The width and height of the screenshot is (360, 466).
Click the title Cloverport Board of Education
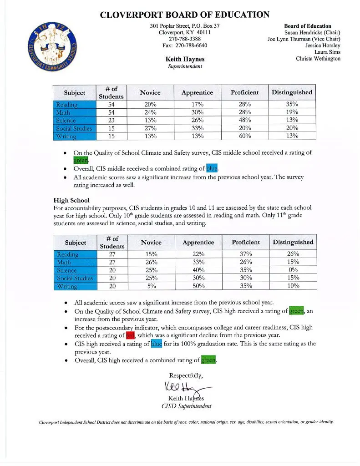(184, 15)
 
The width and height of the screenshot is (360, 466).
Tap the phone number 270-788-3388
(184, 39)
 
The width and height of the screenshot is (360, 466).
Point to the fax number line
(184, 46)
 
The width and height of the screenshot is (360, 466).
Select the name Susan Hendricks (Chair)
(312, 33)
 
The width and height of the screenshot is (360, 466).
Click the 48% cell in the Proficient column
(244, 120)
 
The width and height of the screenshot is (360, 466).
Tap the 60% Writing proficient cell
(244, 136)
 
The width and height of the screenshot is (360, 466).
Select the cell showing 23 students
(111, 120)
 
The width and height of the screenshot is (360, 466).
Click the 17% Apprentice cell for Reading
(197, 105)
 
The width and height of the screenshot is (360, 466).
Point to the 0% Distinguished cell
(293, 270)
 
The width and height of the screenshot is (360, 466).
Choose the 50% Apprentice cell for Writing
(198, 286)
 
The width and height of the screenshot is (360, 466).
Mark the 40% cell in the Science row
(198, 270)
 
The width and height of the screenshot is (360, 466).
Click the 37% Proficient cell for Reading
(245, 254)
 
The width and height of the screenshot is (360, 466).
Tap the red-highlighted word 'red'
(131, 336)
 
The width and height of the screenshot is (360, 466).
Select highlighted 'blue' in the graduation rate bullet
(156, 344)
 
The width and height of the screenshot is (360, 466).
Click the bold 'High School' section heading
(71, 200)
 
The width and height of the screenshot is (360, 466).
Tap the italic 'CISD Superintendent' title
(186, 406)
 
